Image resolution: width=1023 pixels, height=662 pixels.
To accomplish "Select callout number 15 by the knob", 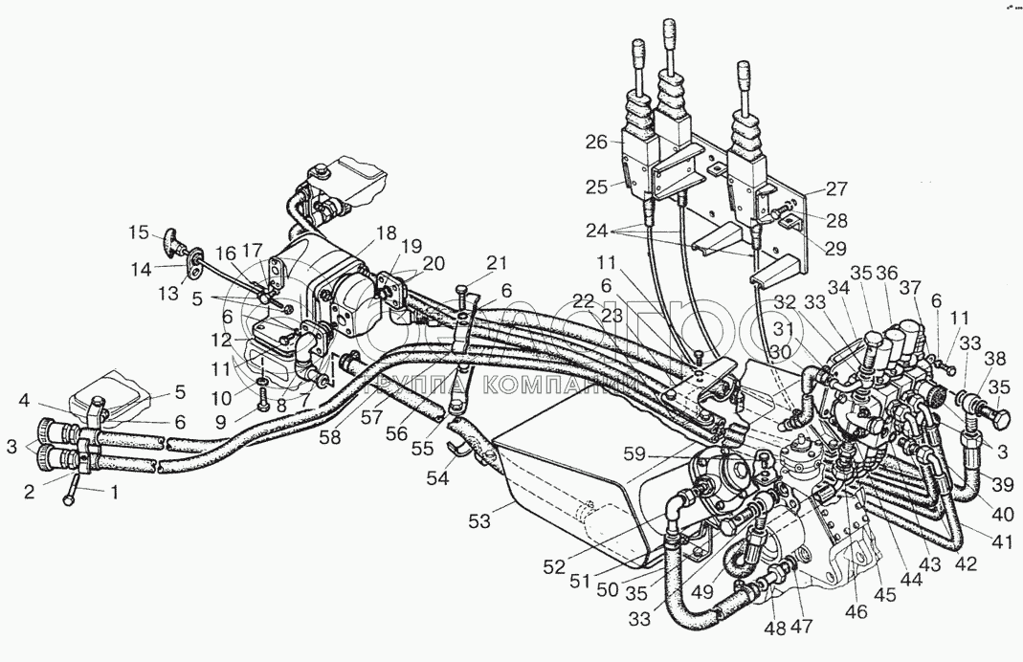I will [138, 232].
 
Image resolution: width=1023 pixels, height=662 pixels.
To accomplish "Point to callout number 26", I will [596, 143].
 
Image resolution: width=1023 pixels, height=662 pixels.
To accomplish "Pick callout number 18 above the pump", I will [385, 232].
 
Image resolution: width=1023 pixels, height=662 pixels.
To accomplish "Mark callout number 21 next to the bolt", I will [496, 263].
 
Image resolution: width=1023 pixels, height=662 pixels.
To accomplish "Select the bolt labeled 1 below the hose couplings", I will [73, 492].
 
